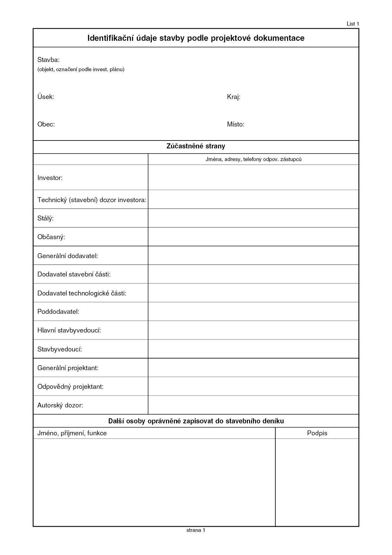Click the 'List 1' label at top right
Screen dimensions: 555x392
pos(353,24)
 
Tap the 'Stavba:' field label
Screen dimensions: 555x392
pos(48,60)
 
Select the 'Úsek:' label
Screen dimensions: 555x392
pos(46,97)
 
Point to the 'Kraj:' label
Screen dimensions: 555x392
pos(234,97)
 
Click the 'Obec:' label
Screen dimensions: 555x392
pos(46,124)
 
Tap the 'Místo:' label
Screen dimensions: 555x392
pos(236,124)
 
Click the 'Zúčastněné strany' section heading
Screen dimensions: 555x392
pos(196,146)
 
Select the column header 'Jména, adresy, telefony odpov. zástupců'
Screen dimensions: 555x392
pos(254,159)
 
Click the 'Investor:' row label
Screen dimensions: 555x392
pos(50,178)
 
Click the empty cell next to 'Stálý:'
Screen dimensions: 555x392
pos(253,218)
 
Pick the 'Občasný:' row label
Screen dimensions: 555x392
pos(51,237)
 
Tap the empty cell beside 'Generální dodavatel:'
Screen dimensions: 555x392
pos(253,255)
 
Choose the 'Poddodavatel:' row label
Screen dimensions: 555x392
pos(58,312)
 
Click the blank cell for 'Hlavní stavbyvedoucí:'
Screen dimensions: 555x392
pos(253,330)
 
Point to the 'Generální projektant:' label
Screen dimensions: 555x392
pos(68,368)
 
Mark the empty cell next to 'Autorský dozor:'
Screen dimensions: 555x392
pos(253,405)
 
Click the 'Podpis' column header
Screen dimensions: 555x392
pos(317,433)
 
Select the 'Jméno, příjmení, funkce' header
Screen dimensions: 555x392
pos(72,433)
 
